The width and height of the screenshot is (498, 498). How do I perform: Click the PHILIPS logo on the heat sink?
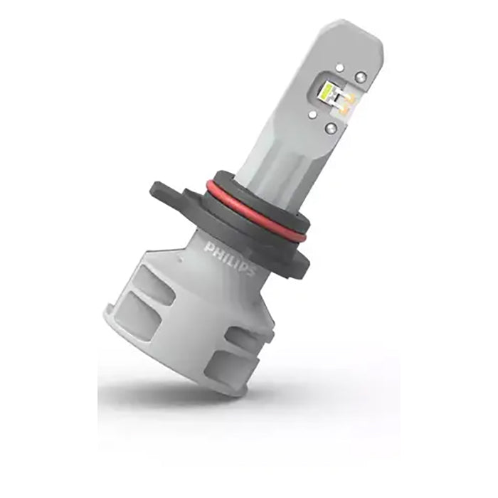point(229,257)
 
